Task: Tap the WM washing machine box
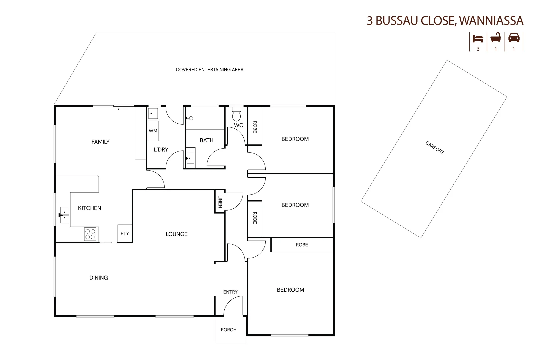coord(153,131)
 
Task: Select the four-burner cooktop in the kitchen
coord(90,234)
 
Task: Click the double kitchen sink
coord(64,215)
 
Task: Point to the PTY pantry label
coord(125,233)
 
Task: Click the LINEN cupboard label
coord(220,202)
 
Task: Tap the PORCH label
coord(229,330)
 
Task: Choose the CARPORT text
coord(435,148)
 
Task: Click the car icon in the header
coord(514,38)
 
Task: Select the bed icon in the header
coord(478,39)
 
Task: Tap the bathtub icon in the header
coord(496,38)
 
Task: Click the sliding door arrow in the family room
coord(123,109)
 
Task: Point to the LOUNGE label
coord(176,234)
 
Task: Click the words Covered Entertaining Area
coord(209,70)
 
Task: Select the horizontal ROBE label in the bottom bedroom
coord(302,245)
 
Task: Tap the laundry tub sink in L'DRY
coord(153,113)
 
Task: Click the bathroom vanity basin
coord(191,158)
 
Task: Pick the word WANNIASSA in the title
coord(491,21)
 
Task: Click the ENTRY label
coord(230,292)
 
